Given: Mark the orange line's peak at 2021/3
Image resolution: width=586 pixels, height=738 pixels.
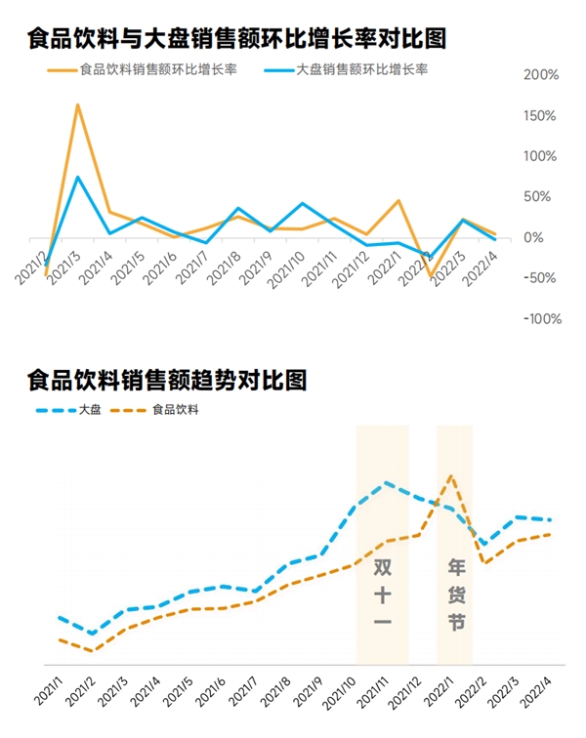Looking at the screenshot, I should tap(77, 104).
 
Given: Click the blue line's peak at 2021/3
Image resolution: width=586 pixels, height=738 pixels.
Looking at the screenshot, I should tap(77, 177).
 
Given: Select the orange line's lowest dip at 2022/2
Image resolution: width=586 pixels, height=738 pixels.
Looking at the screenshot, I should tap(431, 276).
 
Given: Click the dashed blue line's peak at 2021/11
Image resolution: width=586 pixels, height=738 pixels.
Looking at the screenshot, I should tap(387, 482).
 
